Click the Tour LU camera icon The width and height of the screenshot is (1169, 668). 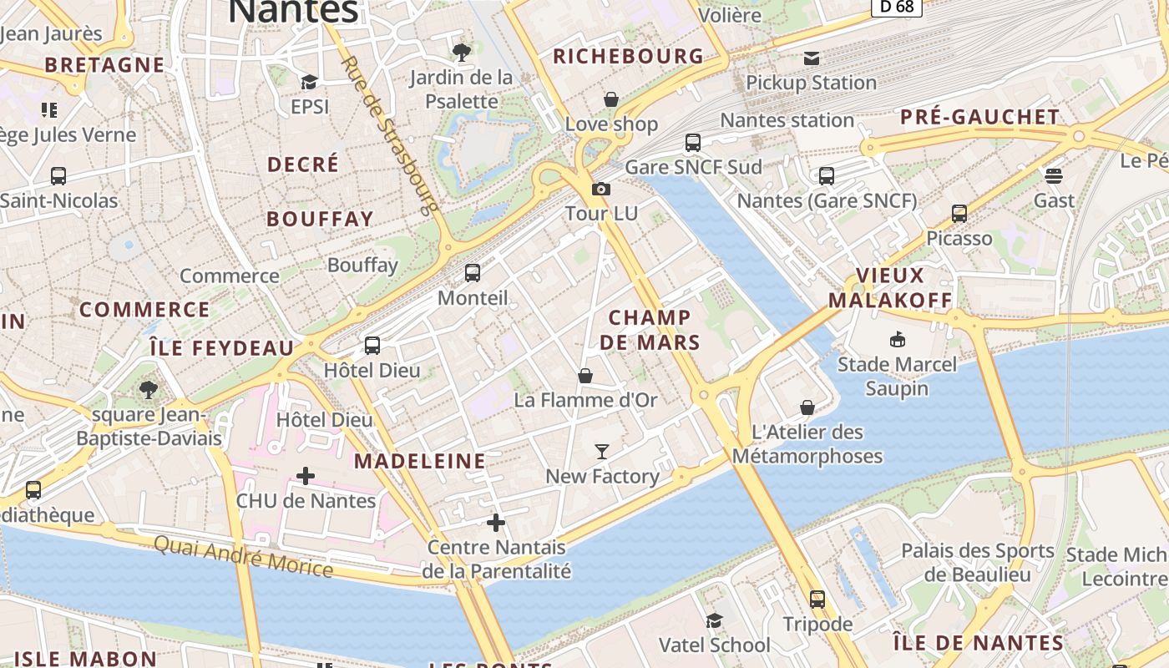(600, 190)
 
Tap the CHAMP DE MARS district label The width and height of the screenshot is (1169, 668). (650, 330)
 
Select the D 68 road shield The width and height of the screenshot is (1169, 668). (896, 7)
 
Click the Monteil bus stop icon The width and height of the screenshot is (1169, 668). (472, 273)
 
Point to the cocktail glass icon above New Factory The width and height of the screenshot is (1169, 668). (601, 452)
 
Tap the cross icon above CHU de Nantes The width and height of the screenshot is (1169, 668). (306, 476)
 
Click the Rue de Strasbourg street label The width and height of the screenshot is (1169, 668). (391, 134)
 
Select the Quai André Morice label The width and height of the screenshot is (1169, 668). (243, 556)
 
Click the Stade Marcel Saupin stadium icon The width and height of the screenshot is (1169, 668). (898, 339)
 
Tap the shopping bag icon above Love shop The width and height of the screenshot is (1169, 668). (611, 99)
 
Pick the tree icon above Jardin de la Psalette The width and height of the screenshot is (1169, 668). (461, 53)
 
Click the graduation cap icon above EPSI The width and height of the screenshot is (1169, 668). (309, 82)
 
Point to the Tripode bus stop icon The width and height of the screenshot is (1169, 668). (817, 599)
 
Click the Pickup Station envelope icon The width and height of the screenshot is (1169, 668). (811, 58)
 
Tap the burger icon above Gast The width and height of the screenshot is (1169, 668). (1054, 175)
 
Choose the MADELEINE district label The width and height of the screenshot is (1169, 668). (420, 461)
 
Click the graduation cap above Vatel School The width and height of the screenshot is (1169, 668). (714, 620)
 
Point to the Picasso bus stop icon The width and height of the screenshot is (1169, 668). (959, 214)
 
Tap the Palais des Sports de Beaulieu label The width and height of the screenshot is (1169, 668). (978, 563)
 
